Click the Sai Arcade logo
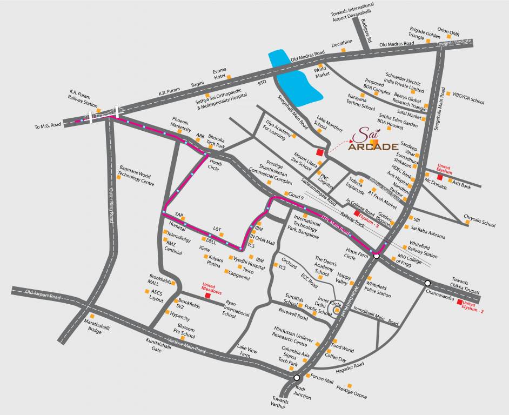(x=377, y=140)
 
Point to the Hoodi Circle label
(x=216, y=165)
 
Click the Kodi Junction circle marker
(x=297, y=378)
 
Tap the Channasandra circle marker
(x=427, y=283)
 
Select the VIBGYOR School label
(x=468, y=101)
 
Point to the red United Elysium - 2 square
(x=459, y=302)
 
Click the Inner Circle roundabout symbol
(x=337, y=311)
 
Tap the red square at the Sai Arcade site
(x=320, y=152)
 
